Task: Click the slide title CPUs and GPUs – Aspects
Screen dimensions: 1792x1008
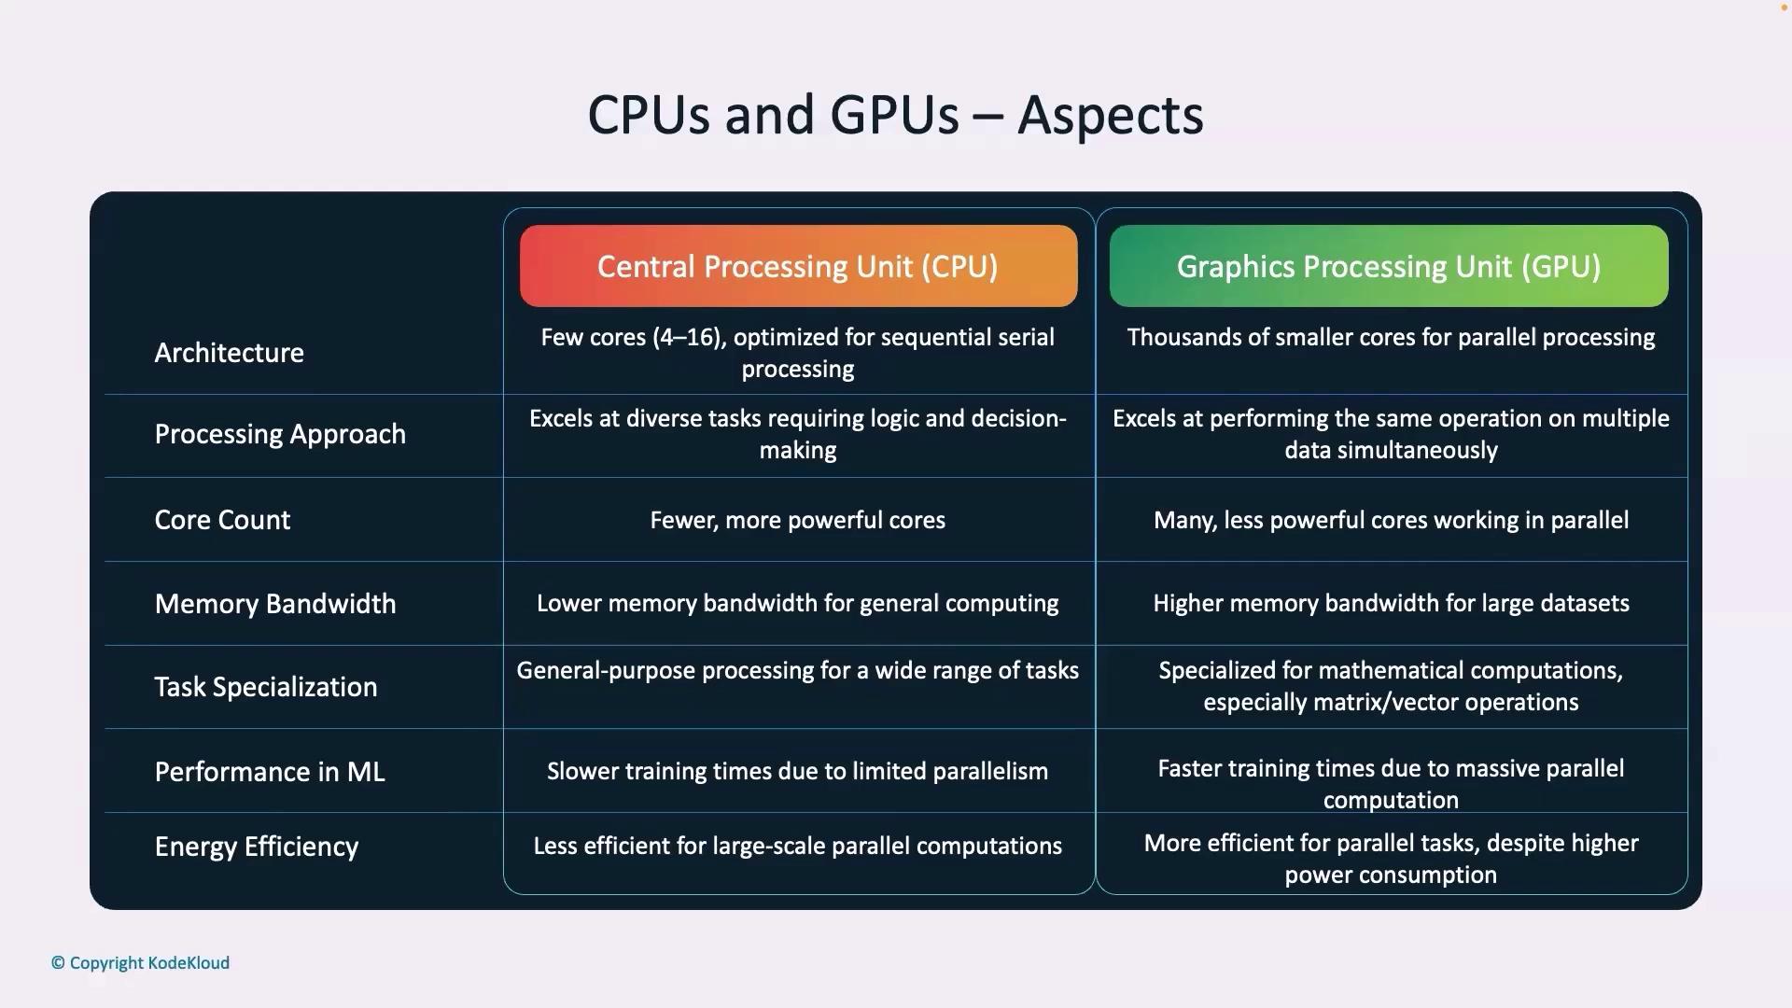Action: [895, 115]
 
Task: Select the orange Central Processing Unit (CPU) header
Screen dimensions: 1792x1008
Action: [798, 266]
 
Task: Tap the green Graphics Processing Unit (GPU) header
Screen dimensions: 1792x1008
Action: [1389, 266]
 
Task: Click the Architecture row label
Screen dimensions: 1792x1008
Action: [230, 353]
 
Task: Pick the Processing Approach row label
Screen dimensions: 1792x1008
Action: [280, 434]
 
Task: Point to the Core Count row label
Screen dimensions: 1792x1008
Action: [222, 520]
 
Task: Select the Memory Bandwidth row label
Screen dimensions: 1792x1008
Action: [275, 604]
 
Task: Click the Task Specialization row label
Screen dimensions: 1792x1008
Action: [266, 687]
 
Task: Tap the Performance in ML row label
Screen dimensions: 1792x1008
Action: [270, 772]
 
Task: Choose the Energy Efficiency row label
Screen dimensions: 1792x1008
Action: [257, 847]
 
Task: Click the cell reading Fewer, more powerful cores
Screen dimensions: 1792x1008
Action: [798, 520]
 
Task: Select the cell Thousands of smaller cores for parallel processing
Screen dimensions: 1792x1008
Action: [1391, 337]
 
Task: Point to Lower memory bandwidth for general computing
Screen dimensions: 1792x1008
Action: [798, 603]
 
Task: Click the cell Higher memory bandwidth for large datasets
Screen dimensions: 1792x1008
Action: [1392, 603]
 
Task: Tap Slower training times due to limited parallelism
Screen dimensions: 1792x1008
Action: [798, 771]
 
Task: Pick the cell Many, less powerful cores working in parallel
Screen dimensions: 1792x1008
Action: [1392, 520]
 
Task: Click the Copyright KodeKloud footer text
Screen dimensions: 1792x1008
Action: [140, 963]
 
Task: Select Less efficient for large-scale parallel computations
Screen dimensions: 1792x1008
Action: [798, 846]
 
